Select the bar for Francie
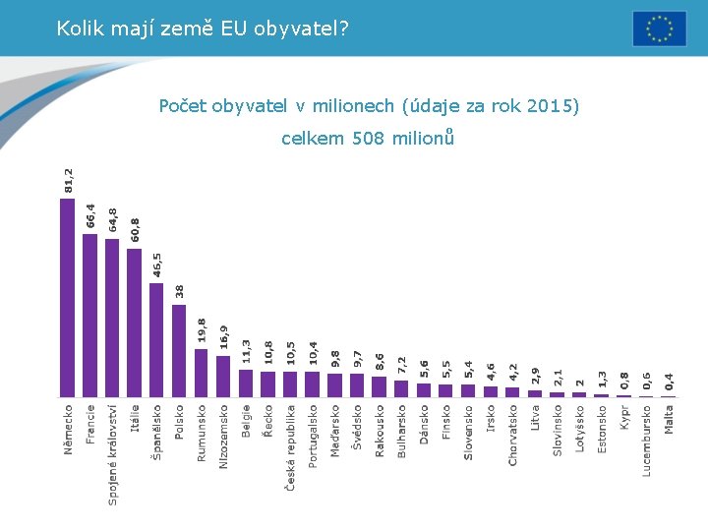coord(89,315)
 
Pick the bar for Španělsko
coord(156,339)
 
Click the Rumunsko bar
coord(202,373)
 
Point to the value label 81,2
coord(68,180)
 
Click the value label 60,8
coord(135,230)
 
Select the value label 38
coord(179,291)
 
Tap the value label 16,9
coord(224,337)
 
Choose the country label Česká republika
coord(291,447)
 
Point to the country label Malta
coord(670,418)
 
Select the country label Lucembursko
coord(647,440)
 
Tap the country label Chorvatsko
coord(513,434)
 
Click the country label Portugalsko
coord(314,435)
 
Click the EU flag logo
coord(659,29)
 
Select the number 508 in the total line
coord(367,139)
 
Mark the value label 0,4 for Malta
coord(670,381)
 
